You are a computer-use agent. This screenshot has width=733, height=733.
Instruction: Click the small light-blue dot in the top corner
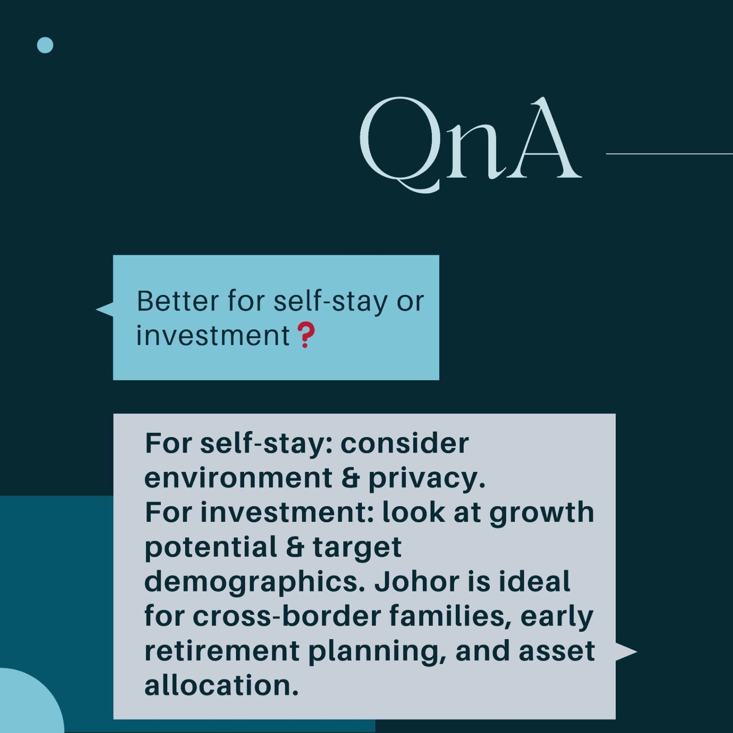tap(45, 45)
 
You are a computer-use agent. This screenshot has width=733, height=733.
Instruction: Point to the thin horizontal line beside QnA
tap(669, 154)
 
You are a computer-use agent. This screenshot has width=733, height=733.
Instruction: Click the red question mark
tap(306, 335)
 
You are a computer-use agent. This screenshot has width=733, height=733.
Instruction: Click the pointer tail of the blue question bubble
tap(104, 310)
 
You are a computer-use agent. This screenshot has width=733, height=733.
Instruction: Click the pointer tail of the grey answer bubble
tap(626, 651)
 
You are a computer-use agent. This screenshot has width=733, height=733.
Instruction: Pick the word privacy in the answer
tap(427, 479)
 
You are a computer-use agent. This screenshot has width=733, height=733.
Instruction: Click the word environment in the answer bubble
tap(238, 478)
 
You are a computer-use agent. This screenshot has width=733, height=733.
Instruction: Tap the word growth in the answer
tap(542, 513)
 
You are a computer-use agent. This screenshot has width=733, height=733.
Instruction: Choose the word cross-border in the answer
tap(287, 616)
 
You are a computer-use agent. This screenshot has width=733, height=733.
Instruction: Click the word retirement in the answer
tap(222, 651)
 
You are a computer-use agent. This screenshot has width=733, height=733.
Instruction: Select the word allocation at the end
tap(221, 685)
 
